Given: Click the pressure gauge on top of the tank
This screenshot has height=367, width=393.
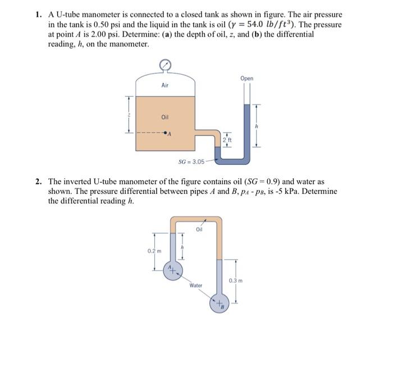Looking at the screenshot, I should (164, 66).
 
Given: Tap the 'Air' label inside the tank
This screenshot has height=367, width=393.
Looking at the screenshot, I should (164, 85).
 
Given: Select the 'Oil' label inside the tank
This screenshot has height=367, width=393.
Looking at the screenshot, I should (164, 117).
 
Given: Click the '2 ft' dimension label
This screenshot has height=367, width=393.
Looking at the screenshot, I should (226, 139).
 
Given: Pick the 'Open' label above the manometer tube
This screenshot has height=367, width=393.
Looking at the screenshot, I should (246, 79).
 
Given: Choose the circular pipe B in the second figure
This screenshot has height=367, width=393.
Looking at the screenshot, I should (219, 304).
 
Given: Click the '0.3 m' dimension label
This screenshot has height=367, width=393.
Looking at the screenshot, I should (236, 279).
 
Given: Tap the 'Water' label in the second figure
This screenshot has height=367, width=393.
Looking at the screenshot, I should (195, 286).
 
